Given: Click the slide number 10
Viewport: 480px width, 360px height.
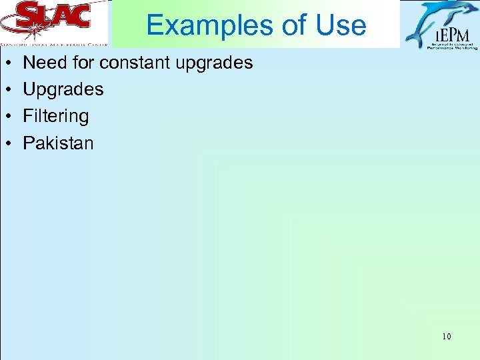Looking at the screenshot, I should coord(446,336).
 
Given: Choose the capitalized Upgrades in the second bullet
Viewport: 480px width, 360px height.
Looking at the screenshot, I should coord(63,90).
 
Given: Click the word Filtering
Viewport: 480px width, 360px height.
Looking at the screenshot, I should coord(56,117).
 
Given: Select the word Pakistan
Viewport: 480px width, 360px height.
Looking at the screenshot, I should coord(59,143).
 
